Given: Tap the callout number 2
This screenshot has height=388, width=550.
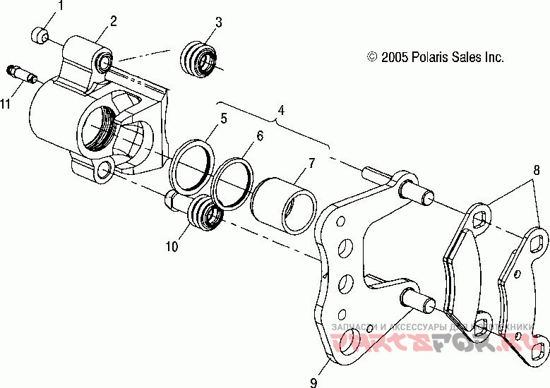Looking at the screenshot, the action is pyautogui.click(x=113, y=21).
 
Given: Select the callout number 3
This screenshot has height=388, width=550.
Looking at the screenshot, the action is pyautogui.click(x=218, y=22).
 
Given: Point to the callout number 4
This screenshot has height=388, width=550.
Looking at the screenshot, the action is pyautogui.click(x=281, y=110).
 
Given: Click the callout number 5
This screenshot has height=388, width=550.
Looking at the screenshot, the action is pyautogui.click(x=223, y=119).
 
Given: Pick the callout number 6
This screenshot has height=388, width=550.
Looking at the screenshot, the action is pyautogui.click(x=260, y=135).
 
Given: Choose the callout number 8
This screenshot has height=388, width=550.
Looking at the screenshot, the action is pyautogui.click(x=536, y=169).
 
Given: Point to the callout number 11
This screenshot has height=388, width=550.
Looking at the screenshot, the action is pyautogui.click(x=6, y=104).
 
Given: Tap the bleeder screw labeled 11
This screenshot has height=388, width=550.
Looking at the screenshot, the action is pyautogui.click(x=20, y=72).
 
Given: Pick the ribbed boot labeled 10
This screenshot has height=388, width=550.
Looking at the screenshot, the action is pyautogui.click(x=206, y=212).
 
